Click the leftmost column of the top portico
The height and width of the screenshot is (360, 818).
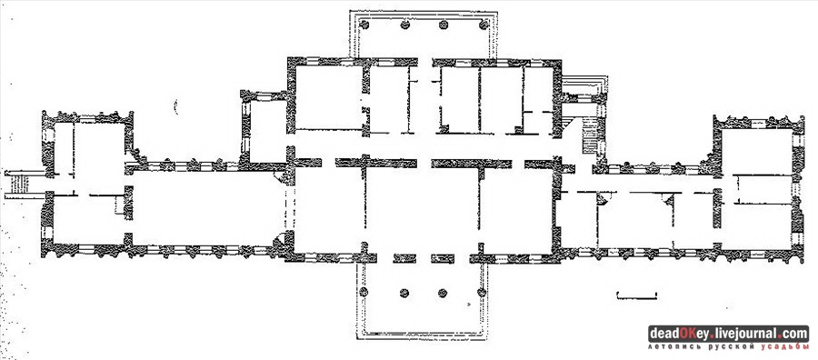(x=364, y=25)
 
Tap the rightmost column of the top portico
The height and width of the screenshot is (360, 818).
(x=484, y=25)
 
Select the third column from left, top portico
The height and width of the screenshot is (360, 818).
(x=444, y=25)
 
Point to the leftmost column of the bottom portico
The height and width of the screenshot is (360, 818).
(x=364, y=292)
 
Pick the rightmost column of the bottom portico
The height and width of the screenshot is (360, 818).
(x=482, y=292)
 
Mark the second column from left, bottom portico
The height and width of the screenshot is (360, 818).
(x=404, y=294)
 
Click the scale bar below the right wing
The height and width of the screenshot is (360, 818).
(x=636, y=296)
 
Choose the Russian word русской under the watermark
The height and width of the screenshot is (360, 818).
(x=732, y=346)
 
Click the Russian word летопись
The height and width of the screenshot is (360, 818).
(x=674, y=346)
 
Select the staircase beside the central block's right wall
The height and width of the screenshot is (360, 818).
(x=591, y=135)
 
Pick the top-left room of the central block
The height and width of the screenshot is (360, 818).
(x=329, y=97)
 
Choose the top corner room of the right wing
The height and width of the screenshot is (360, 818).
(x=757, y=151)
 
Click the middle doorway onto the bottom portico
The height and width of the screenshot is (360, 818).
(x=424, y=258)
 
